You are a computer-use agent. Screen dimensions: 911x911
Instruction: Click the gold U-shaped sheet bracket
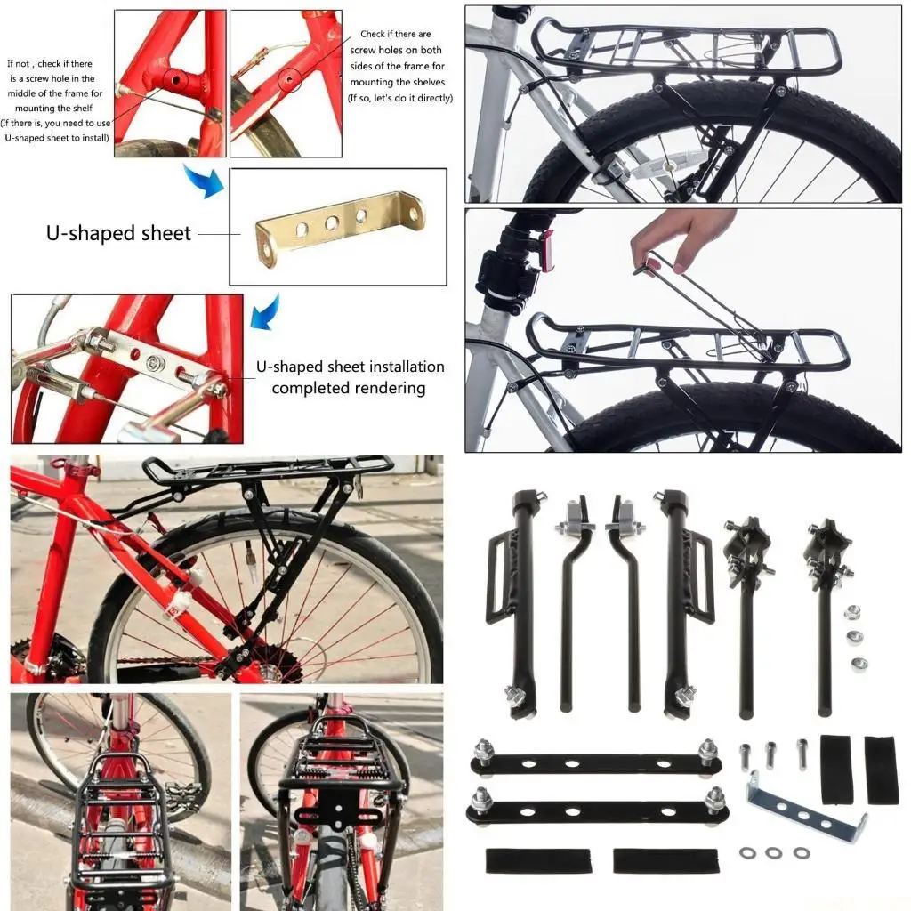coord(338,228)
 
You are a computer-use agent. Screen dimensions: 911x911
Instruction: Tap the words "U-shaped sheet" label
coord(118,234)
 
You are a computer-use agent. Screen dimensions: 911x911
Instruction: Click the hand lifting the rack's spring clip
coord(681,237)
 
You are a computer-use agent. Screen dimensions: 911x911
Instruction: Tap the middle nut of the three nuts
coord(855,637)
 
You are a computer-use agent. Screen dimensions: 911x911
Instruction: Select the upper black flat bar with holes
coord(594,763)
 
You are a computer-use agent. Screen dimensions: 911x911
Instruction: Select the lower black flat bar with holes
coord(594,810)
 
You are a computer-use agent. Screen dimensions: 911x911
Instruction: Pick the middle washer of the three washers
coord(774,853)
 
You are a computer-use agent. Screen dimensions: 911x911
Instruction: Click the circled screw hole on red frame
coord(288,81)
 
